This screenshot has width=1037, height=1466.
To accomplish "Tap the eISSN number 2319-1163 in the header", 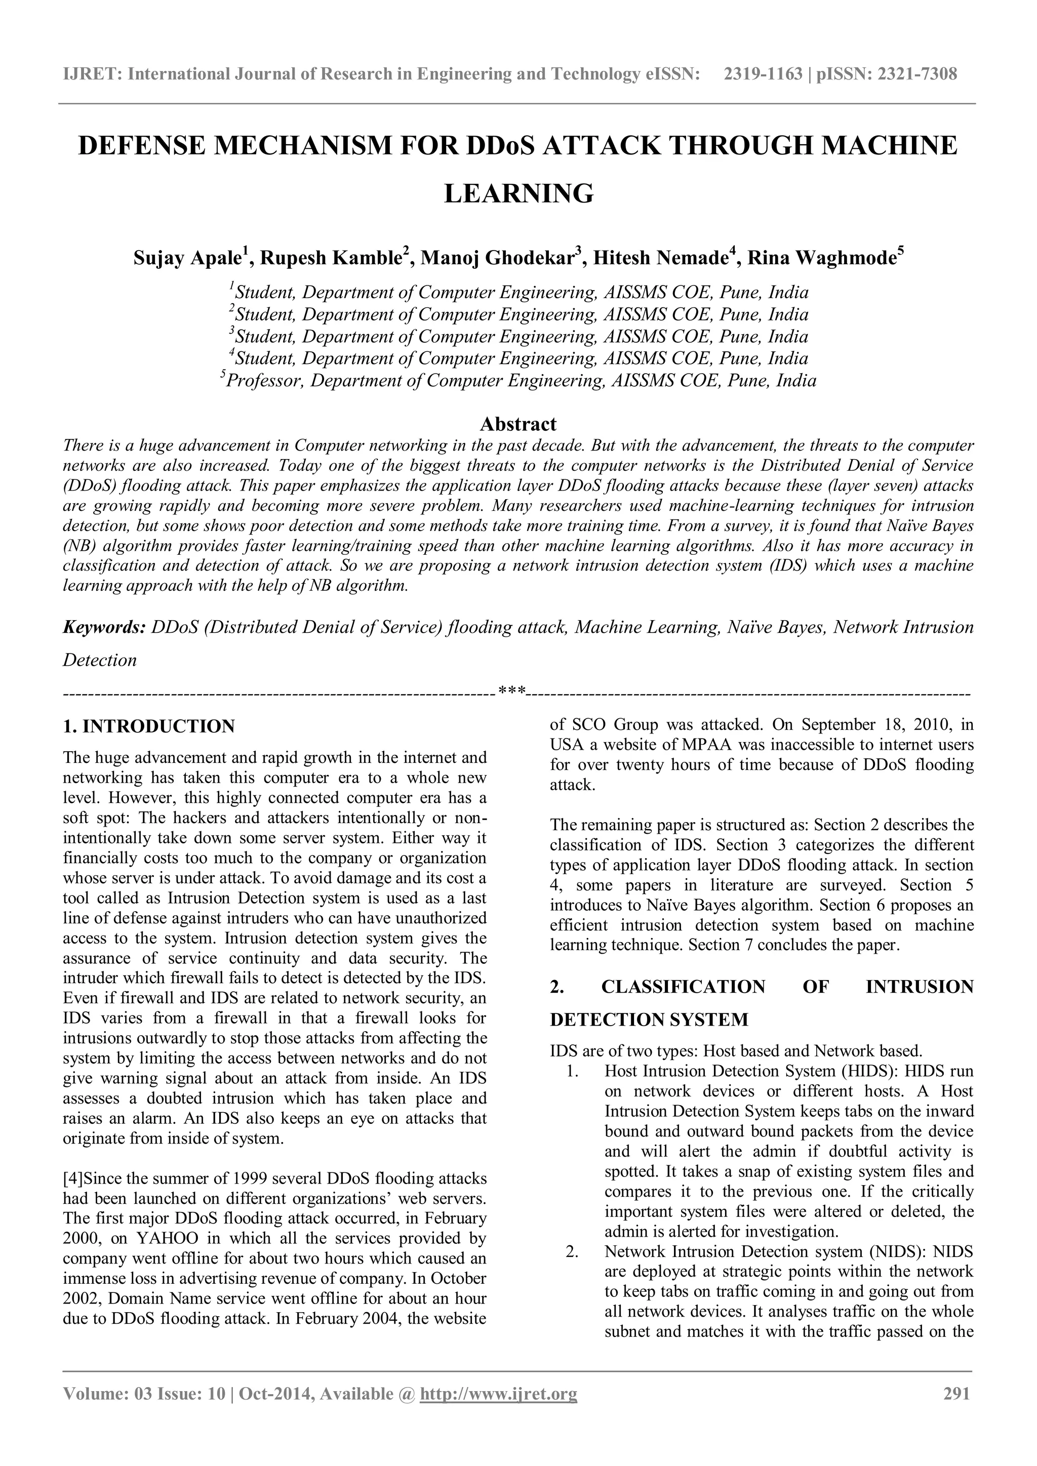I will tap(763, 74).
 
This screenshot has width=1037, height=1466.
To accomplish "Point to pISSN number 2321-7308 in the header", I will tap(918, 74).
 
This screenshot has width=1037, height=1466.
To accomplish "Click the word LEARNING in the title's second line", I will tap(518, 193).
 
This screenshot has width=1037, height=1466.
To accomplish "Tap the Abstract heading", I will tap(518, 424).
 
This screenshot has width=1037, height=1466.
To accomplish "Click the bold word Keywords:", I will tap(105, 627).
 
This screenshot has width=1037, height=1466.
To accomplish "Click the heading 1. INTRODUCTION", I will tap(149, 726).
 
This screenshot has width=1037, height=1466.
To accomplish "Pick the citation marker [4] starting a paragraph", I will tap(72, 1178).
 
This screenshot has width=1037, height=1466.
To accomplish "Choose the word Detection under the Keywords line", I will tap(100, 660).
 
